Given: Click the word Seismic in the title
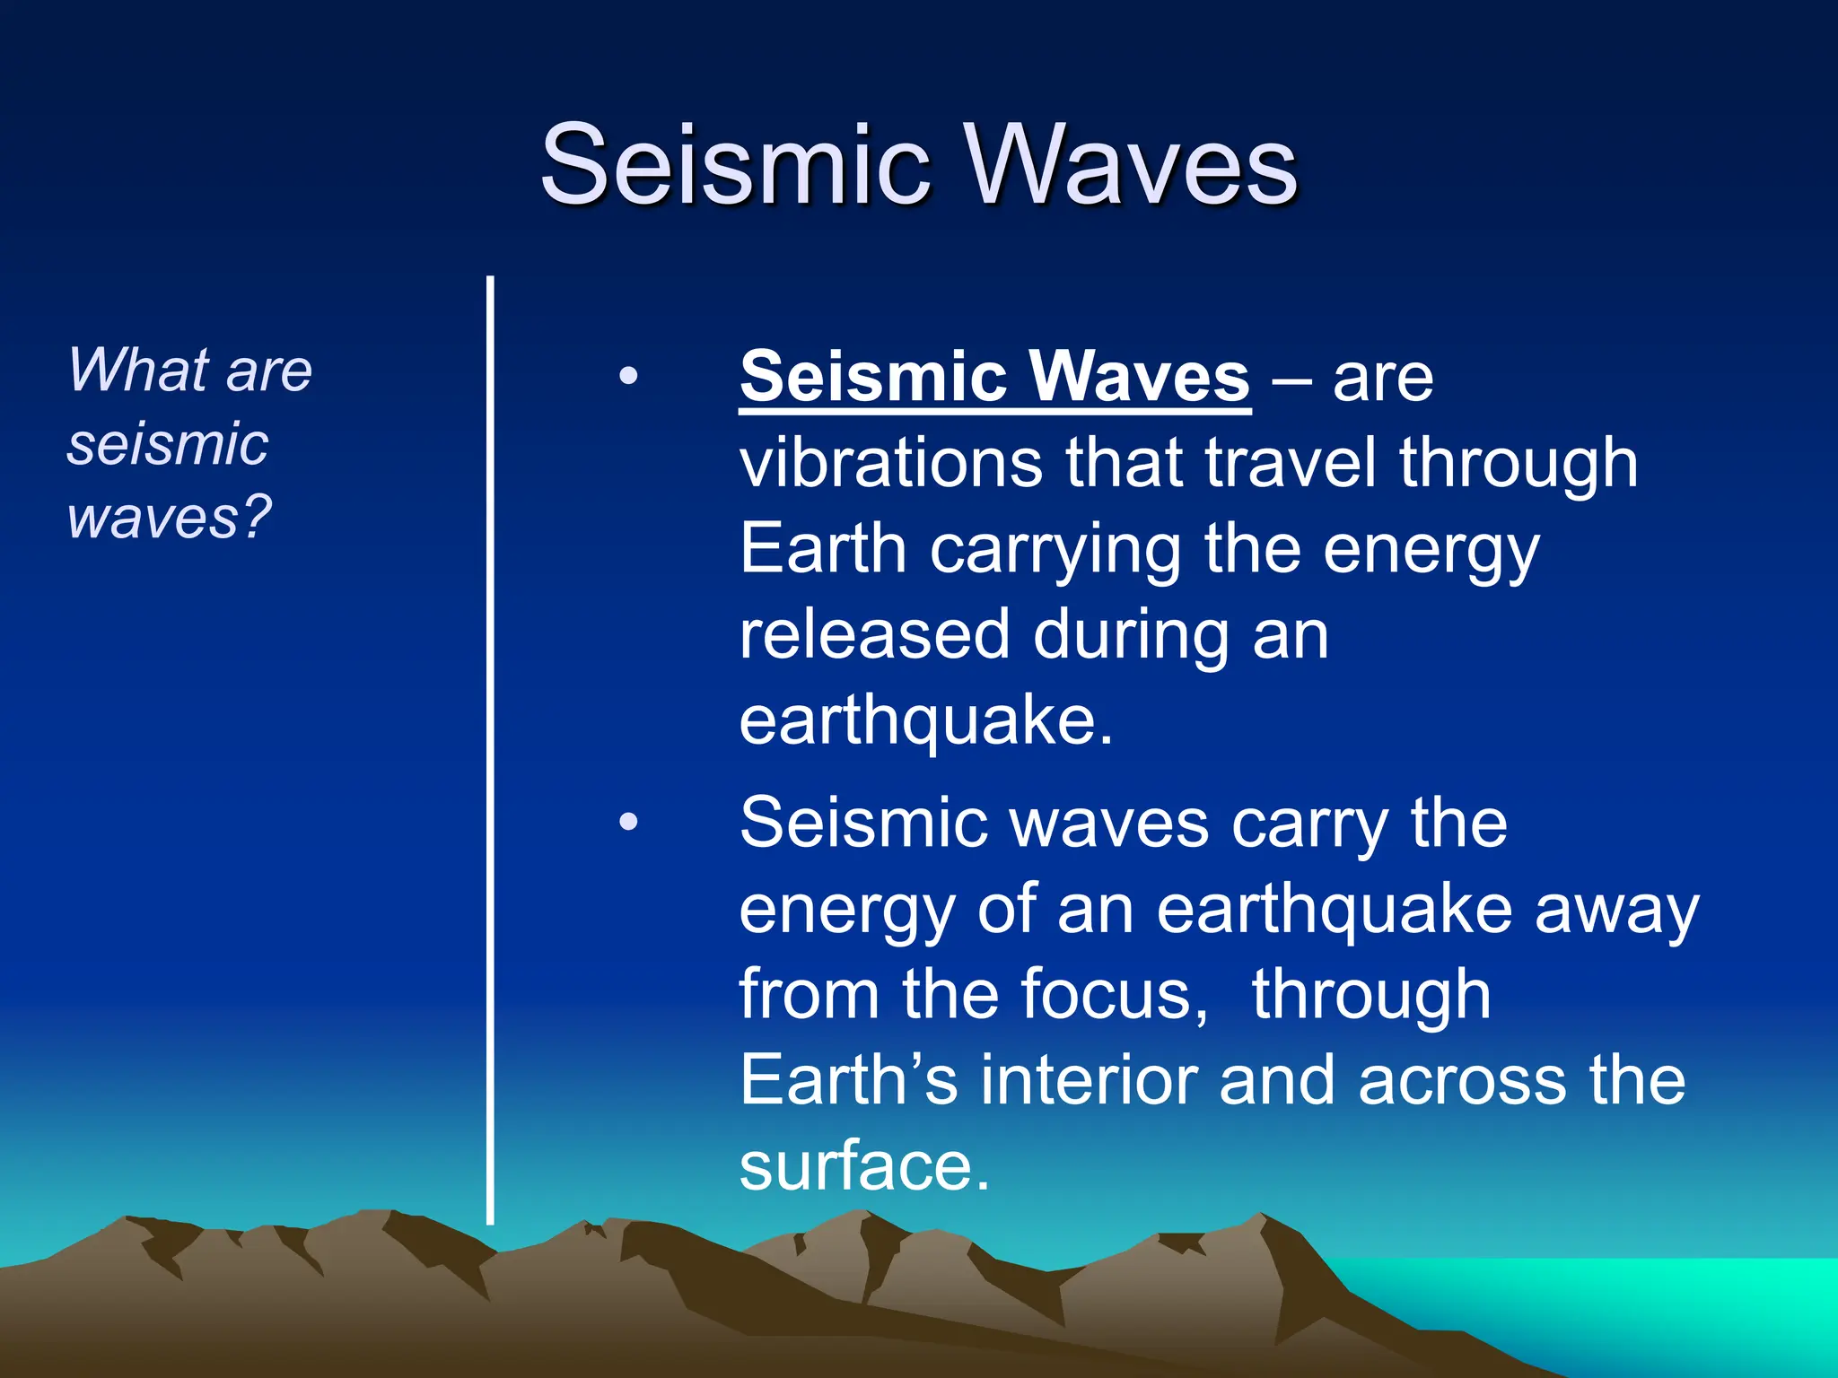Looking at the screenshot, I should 736,166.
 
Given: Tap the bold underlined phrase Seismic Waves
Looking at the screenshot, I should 994,377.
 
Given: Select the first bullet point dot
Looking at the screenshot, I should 628,376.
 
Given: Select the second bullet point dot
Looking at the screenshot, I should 628,822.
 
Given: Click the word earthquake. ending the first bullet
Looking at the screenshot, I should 924,721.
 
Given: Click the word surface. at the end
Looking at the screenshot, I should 863,1166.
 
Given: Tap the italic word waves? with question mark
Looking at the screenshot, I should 169,518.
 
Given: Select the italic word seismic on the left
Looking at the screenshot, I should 167,444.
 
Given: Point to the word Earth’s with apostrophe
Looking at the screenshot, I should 848,1080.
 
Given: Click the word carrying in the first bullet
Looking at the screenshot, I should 1055,549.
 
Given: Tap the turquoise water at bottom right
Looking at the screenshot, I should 1660,1301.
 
